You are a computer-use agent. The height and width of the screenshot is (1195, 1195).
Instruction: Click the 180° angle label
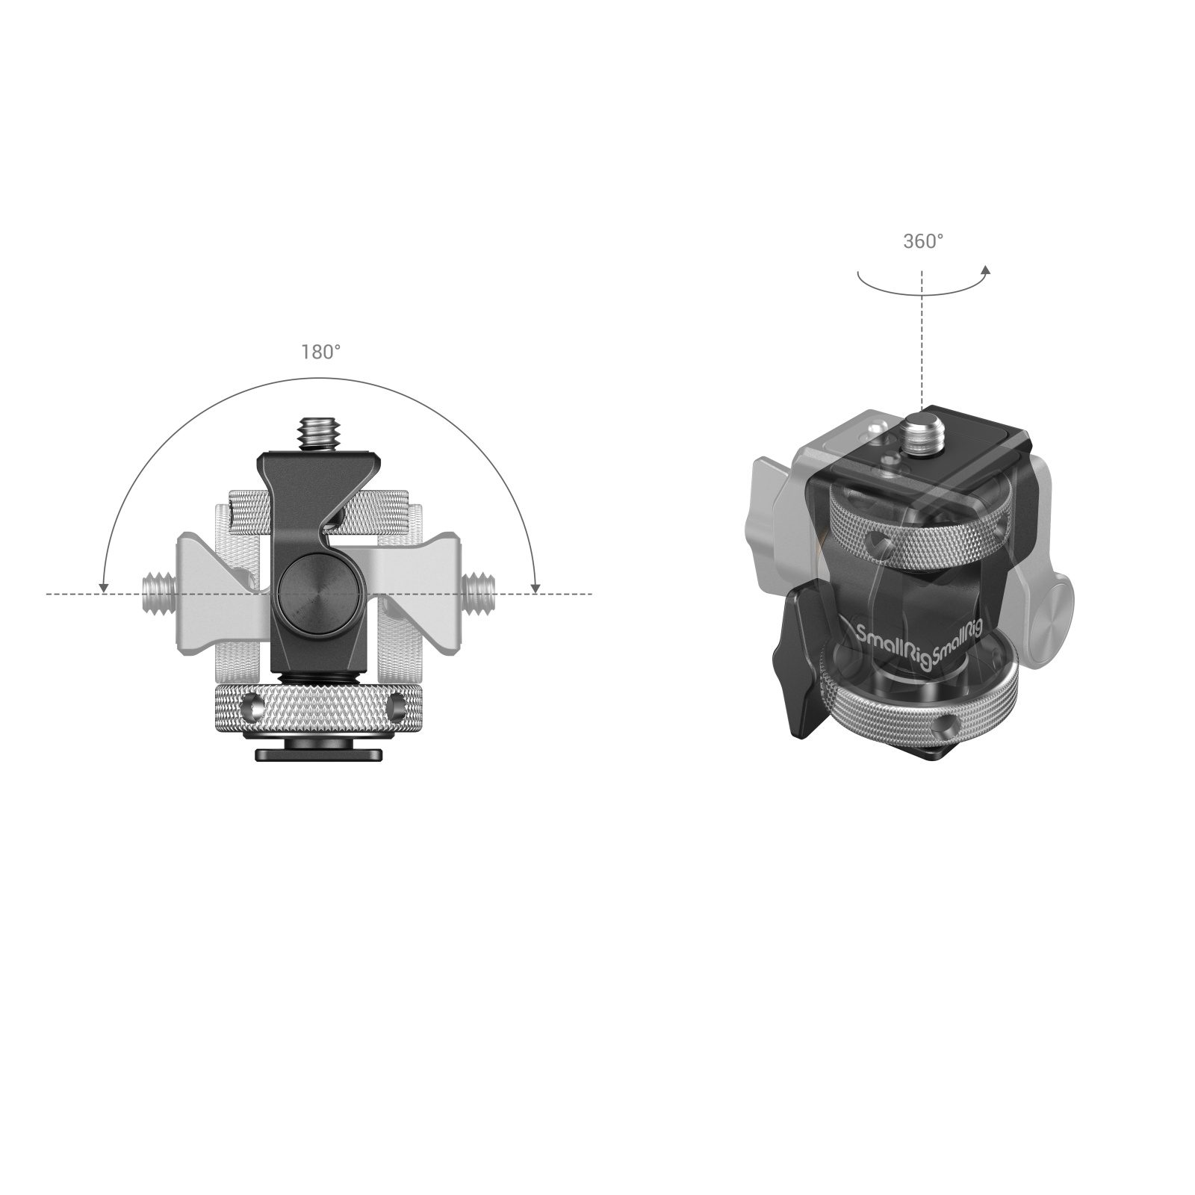click(321, 353)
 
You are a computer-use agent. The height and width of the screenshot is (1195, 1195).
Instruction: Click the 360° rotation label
click(923, 241)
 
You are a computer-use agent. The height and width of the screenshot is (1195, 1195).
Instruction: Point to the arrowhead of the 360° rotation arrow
click(987, 271)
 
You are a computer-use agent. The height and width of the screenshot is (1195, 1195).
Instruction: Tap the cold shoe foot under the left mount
click(310, 752)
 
